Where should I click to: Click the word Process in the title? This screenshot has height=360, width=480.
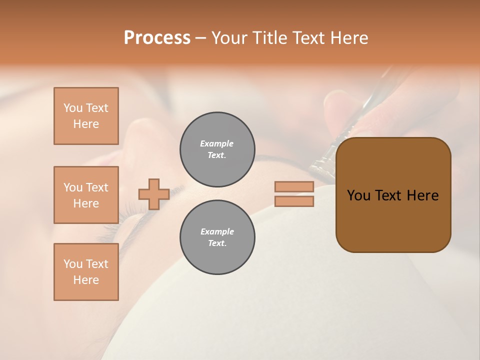click(157, 38)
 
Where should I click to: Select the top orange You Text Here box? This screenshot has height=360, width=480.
click(86, 116)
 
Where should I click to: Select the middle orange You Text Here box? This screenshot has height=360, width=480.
click(86, 195)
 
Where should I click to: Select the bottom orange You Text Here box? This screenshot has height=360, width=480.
click(86, 272)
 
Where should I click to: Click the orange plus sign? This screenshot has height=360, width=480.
click(154, 194)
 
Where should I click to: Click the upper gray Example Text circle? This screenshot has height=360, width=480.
click(217, 149)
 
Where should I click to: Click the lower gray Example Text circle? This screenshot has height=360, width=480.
click(217, 237)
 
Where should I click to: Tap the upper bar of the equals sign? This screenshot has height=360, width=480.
click(294, 187)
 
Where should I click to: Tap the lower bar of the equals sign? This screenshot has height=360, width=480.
click(294, 201)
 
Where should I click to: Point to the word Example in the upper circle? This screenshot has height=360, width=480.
click(217, 144)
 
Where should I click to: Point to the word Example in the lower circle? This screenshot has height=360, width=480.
click(217, 232)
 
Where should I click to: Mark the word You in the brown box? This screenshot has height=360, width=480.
click(358, 195)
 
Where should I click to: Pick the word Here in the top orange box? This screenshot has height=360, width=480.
click(86, 124)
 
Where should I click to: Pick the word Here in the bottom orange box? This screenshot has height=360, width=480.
click(86, 280)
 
